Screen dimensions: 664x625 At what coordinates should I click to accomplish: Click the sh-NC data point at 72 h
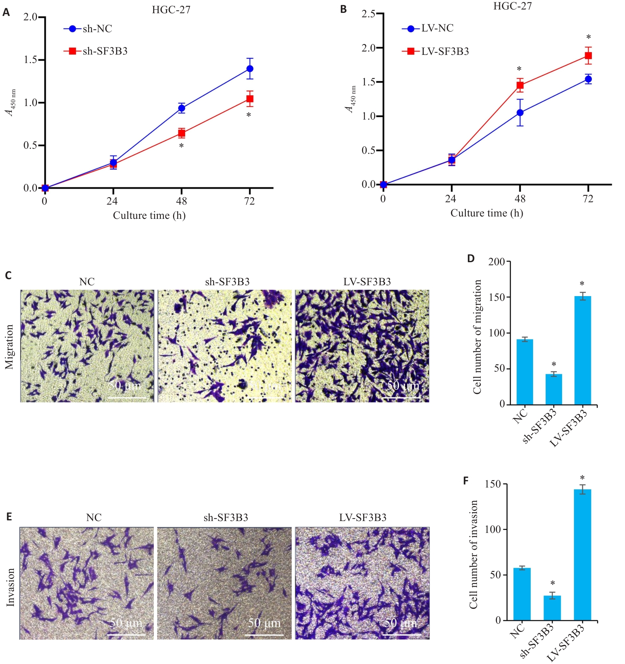pyautogui.click(x=250, y=69)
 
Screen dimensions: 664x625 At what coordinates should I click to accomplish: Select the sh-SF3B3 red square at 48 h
pyautogui.click(x=182, y=133)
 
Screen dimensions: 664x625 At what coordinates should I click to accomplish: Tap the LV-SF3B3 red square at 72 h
pyautogui.click(x=588, y=56)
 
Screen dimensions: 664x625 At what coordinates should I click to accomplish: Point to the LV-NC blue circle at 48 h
pyautogui.click(x=520, y=113)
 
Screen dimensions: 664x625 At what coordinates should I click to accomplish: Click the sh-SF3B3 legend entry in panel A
pyautogui.click(x=96, y=51)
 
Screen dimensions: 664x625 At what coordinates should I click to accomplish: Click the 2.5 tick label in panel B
pyautogui.click(x=369, y=14)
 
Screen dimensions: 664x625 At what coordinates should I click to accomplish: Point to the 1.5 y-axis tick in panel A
pyautogui.click(x=30, y=60)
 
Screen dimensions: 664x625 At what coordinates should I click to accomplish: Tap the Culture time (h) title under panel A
pyautogui.click(x=149, y=215)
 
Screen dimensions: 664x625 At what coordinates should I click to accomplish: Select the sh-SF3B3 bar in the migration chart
pyautogui.click(x=554, y=389)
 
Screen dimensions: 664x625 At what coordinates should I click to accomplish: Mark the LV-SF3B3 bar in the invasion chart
pyautogui.click(x=582, y=555)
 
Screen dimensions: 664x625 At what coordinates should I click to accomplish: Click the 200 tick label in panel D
pyautogui.click(x=497, y=262)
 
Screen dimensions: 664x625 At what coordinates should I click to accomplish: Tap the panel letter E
pyautogui.click(x=9, y=516)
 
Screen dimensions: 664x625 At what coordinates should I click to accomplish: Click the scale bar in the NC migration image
pyautogui.click(x=127, y=397)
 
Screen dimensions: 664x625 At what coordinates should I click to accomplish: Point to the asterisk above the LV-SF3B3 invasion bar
pyautogui.click(x=582, y=478)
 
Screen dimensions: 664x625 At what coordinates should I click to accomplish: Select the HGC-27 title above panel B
pyautogui.click(x=512, y=6)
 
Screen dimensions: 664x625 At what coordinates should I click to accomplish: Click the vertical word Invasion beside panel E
pyautogui.click(x=11, y=587)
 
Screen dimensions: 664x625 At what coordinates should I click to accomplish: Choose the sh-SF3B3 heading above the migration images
pyautogui.click(x=227, y=282)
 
